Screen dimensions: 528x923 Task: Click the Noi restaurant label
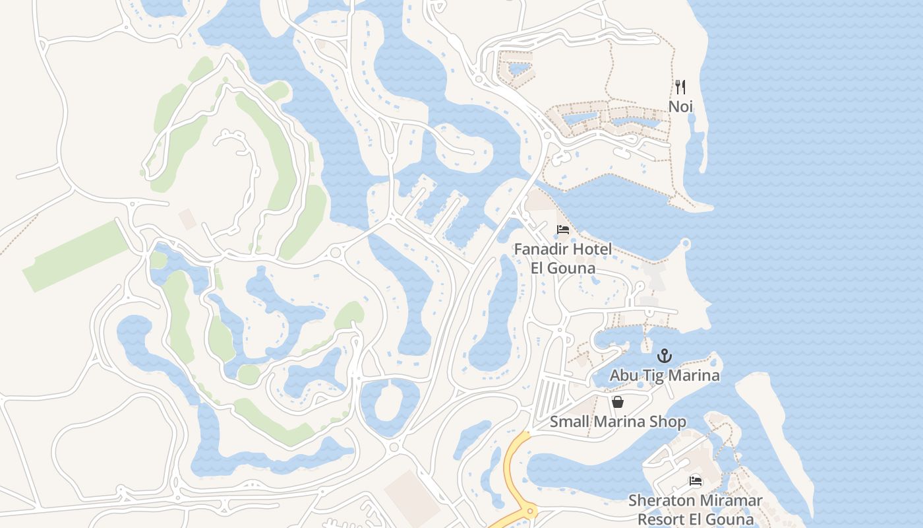680,106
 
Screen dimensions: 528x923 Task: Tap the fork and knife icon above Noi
680,87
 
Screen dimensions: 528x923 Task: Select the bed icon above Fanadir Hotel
562,230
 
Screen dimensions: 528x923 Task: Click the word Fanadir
541,249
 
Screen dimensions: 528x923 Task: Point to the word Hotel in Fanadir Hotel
591,249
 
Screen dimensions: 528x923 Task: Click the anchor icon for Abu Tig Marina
665,356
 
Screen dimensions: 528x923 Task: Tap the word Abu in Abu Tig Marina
623,376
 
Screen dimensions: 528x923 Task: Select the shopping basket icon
618,402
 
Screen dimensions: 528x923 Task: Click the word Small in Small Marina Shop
569,422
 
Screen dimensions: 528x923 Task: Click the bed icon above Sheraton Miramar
695,481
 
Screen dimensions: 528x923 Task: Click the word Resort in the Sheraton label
661,519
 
